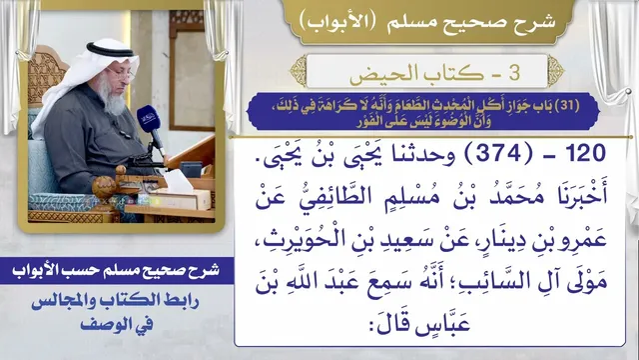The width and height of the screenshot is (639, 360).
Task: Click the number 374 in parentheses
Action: pos(499,153)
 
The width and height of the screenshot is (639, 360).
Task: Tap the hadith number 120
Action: pos(586,153)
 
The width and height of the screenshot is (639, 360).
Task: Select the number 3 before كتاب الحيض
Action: pos(514,73)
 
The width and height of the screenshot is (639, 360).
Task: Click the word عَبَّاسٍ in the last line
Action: pos(443,324)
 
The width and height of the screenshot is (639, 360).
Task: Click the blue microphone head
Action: pos(148,119)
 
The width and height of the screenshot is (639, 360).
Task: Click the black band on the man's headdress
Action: pos(109,50)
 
